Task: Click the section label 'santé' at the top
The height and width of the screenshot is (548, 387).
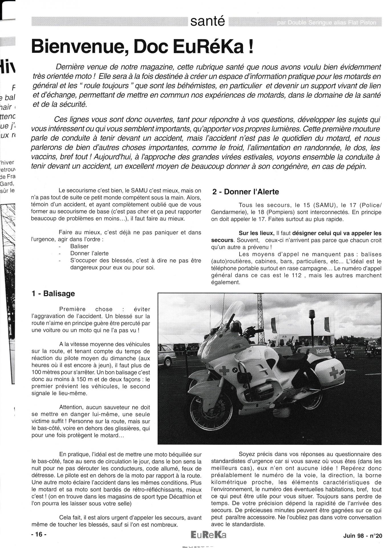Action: pyautogui.click(x=208, y=21)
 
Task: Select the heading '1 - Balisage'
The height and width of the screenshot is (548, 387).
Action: pyautogui.click(x=53, y=294)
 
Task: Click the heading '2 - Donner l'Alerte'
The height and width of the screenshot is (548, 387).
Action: pyautogui.click(x=246, y=192)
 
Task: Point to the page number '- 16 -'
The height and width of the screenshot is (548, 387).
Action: pyautogui.click(x=39, y=535)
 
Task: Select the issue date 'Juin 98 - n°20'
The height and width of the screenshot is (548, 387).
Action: pyautogui.click(x=362, y=536)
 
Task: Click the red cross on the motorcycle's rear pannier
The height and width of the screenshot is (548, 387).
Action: pyautogui.click(x=334, y=372)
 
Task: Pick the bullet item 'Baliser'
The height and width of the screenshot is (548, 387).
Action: pyautogui.click(x=79, y=246)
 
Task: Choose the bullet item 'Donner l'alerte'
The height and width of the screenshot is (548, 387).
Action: pyautogui.click(x=89, y=253)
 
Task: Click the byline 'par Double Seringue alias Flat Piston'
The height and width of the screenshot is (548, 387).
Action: pyautogui.click(x=326, y=23)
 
